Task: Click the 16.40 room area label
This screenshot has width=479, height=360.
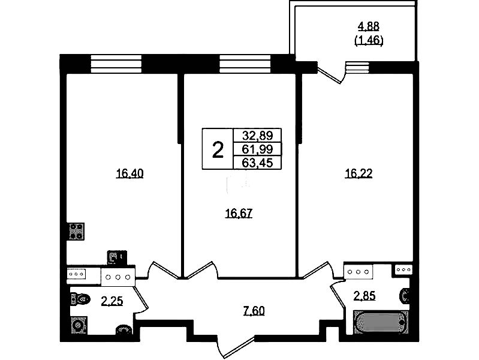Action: click(129, 174)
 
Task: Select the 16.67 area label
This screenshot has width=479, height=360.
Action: click(239, 213)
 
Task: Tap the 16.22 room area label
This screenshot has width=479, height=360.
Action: click(359, 174)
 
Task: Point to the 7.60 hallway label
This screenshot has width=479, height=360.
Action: click(254, 311)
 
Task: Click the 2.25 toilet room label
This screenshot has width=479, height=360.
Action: click(112, 302)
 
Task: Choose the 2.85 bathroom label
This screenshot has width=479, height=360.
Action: click(364, 296)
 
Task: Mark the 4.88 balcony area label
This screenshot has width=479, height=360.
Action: click(369, 26)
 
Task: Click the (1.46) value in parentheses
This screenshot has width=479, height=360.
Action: click(369, 40)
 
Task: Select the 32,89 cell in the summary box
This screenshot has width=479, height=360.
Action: click(257, 135)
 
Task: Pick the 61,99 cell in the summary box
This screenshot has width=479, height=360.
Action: click(257, 149)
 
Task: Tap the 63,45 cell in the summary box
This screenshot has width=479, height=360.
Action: click(257, 163)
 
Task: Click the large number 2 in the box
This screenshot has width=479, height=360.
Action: click(218, 150)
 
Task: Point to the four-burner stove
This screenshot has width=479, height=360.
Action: click(77, 232)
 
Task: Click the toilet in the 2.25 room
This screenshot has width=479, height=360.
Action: click(80, 299)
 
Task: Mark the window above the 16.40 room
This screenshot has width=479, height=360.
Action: click(116, 64)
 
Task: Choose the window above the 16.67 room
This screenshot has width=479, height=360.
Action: click(245, 64)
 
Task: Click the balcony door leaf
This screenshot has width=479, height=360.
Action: click(329, 76)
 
